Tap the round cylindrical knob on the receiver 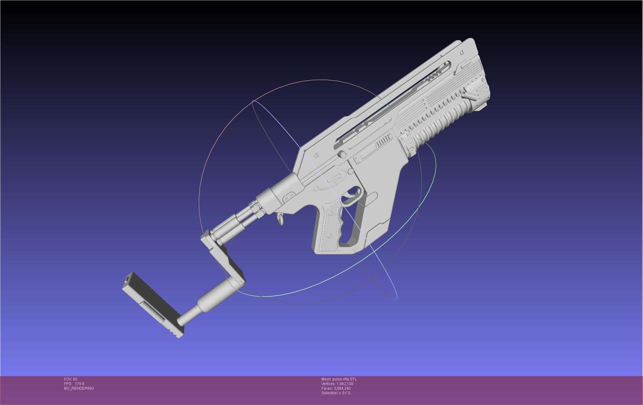[x=342, y=154]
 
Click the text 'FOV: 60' [x=71, y=379]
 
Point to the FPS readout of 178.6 [x=74, y=384]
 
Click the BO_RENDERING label [x=79, y=388]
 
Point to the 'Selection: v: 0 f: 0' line [x=336, y=393]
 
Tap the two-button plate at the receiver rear [x=289, y=196]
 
